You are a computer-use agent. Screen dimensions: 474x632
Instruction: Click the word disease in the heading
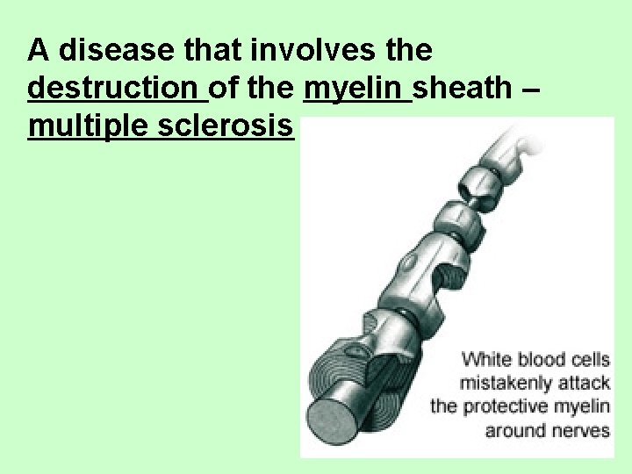[x=110, y=50]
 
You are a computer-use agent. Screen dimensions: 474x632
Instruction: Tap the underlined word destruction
[x=116, y=89]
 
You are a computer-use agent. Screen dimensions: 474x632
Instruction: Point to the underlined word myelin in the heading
[x=356, y=89]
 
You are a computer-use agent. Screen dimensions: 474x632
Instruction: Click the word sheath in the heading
[x=463, y=89]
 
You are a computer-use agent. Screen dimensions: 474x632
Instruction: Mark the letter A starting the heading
[x=38, y=50]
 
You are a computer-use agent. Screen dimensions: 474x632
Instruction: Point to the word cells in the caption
[x=592, y=358]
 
